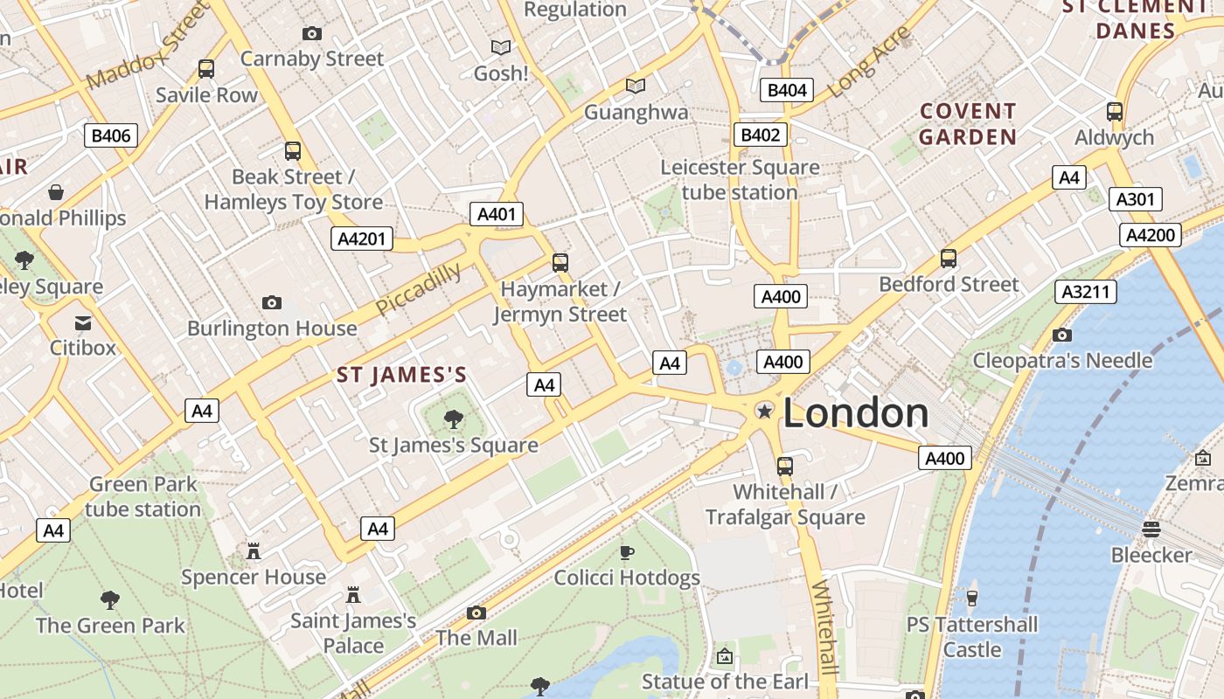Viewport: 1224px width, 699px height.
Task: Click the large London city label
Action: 855,413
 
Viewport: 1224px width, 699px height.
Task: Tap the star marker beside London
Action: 765,411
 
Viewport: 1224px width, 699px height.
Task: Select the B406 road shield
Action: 111,135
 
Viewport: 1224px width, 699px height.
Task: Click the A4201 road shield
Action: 362,239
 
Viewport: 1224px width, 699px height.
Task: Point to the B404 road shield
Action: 786,90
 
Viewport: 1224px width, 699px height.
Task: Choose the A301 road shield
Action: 1136,199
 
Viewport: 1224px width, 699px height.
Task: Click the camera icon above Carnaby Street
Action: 311,33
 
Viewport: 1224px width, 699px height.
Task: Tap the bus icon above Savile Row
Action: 206,69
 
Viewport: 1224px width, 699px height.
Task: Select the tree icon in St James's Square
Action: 453,419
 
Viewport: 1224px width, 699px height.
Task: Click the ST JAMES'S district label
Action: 402,376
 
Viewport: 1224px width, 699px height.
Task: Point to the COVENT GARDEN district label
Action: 968,124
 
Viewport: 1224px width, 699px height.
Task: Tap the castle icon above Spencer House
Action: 254,551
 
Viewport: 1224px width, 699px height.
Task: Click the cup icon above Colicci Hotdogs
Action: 627,552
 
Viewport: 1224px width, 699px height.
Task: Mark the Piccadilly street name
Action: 419,289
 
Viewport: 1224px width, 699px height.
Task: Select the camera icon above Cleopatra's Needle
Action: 1062,335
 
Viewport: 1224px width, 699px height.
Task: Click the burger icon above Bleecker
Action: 1151,529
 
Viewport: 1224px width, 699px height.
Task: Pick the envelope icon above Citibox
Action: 83,322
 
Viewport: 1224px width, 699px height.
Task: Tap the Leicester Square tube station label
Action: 740,179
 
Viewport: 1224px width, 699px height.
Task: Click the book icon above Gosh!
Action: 501,47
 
